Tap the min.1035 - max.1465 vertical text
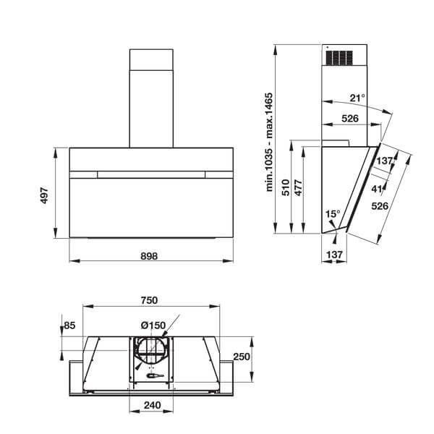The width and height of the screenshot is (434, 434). [268, 142]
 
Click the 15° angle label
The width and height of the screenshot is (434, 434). [332, 214]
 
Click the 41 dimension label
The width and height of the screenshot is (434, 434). [377, 189]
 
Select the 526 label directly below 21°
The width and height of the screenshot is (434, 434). [351, 119]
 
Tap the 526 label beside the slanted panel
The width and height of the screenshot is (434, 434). [379, 206]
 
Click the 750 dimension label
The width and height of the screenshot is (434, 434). [149, 300]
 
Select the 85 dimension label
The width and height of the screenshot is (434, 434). [69, 326]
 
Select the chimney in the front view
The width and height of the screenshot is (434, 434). [151, 98]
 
